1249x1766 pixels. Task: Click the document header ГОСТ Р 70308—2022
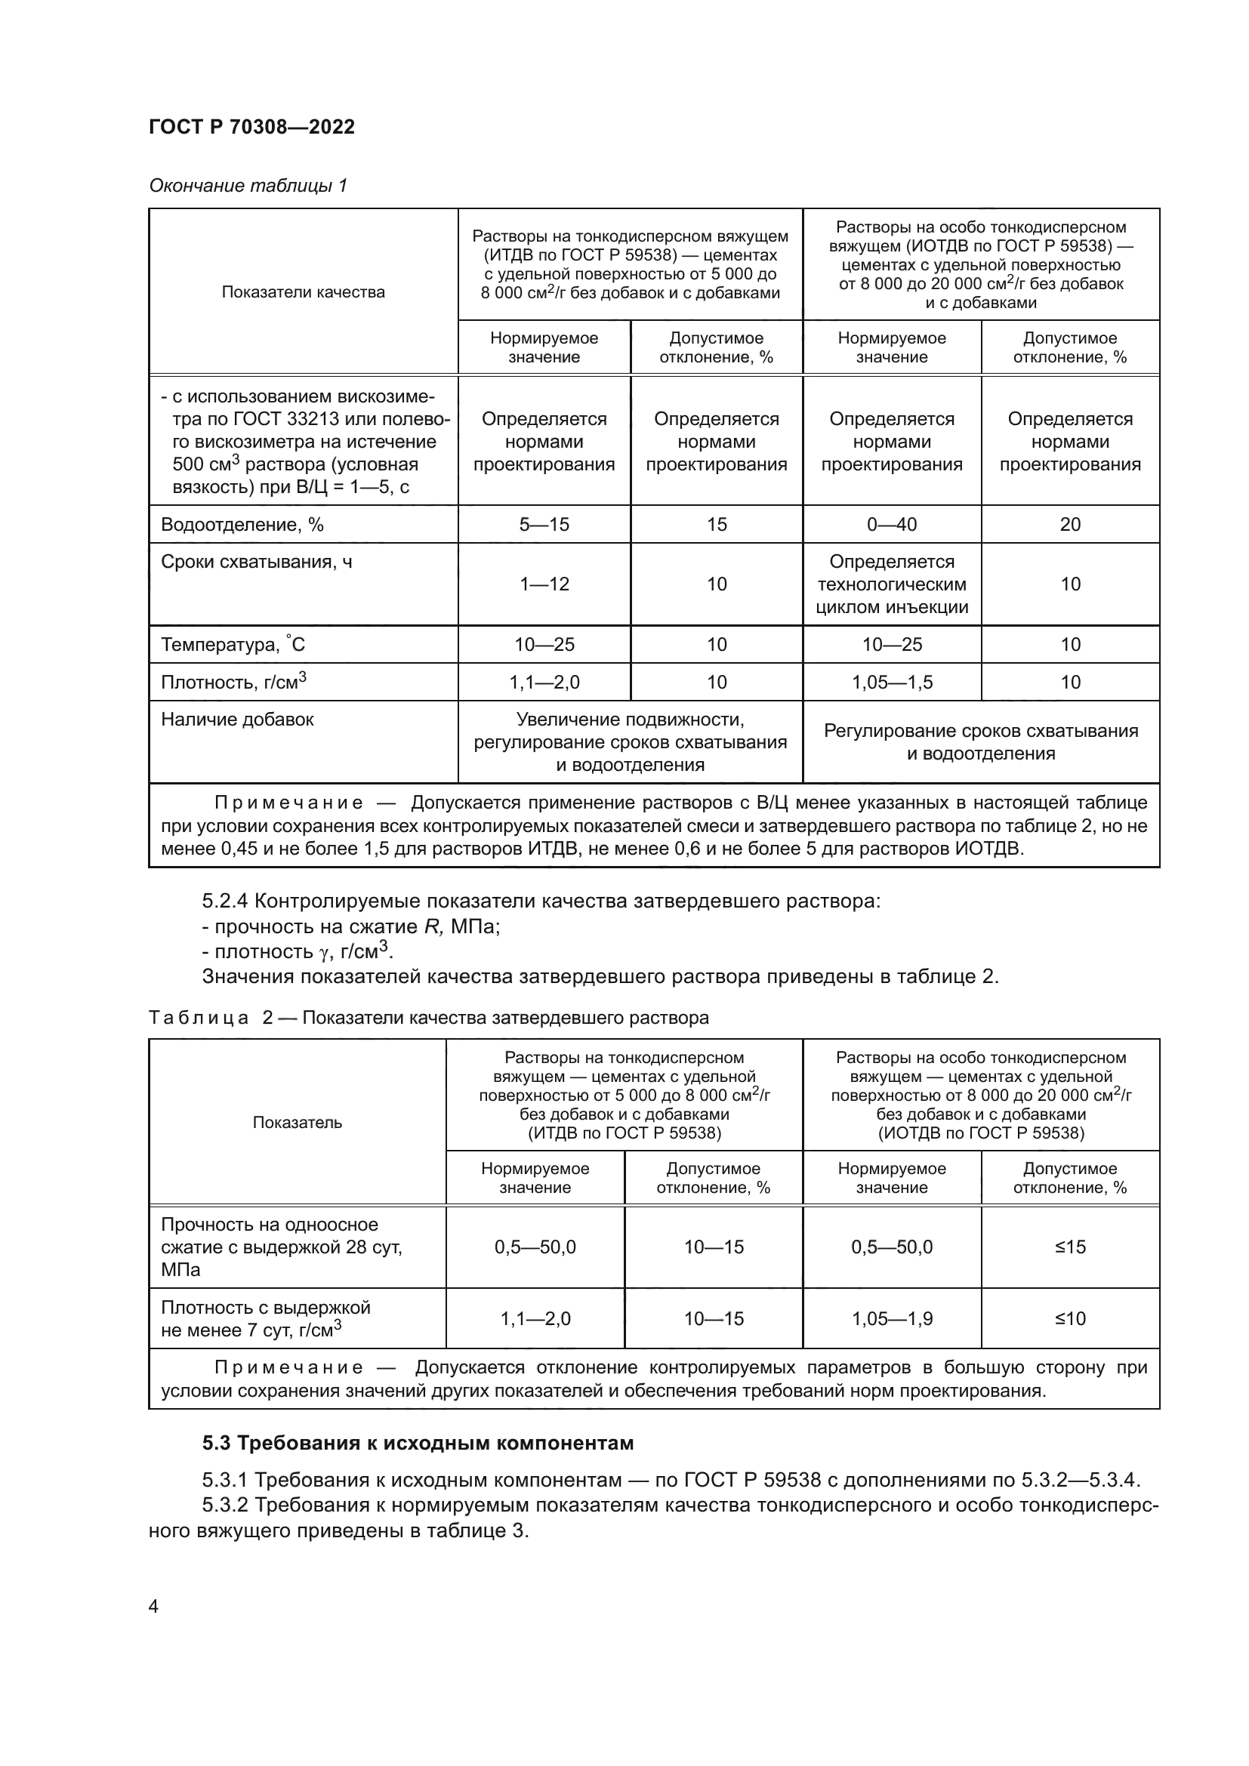251,128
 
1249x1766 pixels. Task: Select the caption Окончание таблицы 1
248,186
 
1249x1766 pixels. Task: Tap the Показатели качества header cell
303,292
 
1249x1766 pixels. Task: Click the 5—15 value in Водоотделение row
544,525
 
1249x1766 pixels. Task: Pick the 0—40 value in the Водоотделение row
891,525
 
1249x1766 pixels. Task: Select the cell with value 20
1070,525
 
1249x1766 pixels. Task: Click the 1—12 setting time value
544,584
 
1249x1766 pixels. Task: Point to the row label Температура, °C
233,645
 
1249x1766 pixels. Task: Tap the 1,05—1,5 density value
891,683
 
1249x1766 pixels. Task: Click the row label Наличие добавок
237,720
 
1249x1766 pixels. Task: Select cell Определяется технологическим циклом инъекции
891,584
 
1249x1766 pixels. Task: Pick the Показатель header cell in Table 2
297,1122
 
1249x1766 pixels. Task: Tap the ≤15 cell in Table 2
1070,1247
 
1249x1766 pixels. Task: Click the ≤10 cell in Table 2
1070,1318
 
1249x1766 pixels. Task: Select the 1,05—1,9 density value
891,1318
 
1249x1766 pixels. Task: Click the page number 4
153,1607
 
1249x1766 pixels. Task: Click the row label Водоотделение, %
242,525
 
